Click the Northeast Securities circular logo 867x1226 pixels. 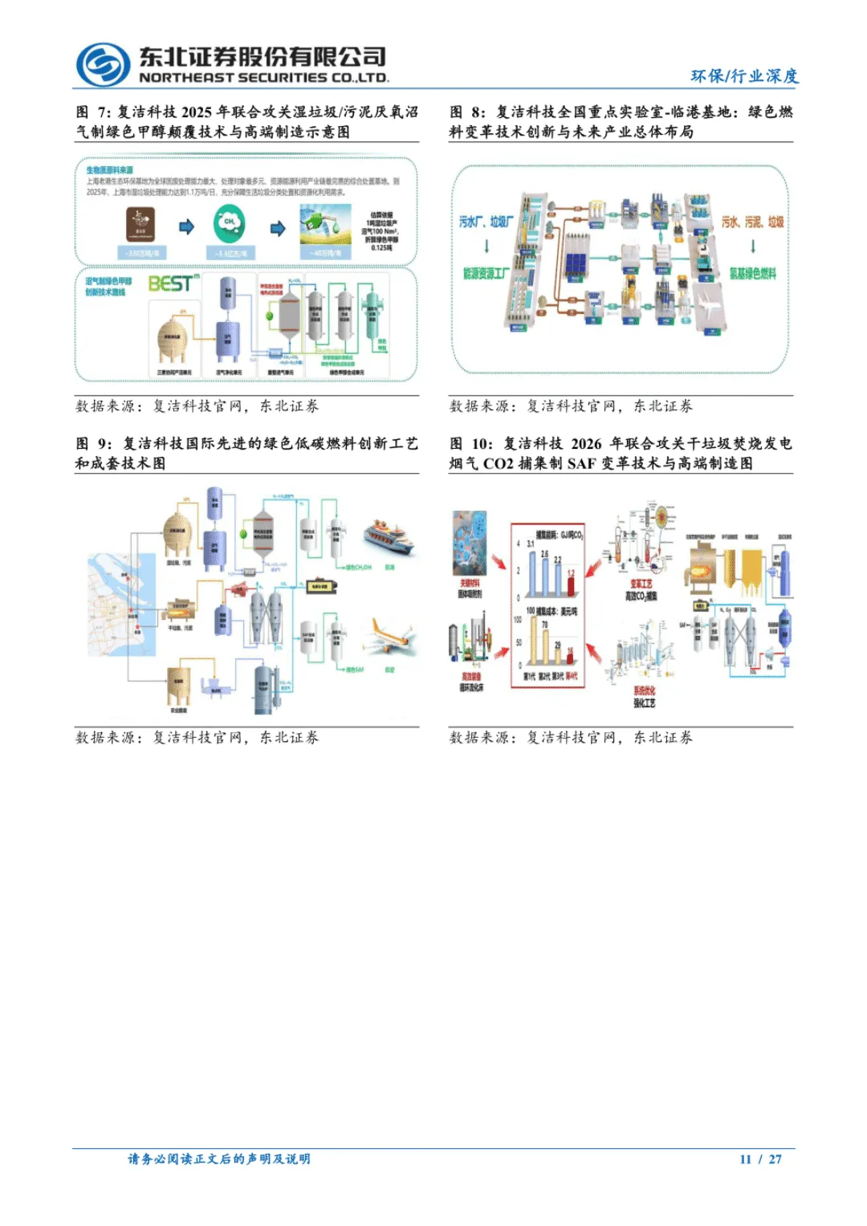point(103,64)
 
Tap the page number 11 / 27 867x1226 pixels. point(760,1159)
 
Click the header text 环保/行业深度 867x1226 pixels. point(744,75)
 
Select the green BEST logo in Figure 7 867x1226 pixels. point(173,283)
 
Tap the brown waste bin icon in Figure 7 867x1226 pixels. point(140,225)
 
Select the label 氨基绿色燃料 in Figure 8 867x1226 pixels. point(752,274)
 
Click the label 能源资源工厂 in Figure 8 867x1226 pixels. point(486,274)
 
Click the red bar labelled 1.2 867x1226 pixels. point(571,583)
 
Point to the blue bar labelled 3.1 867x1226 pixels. point(531,572)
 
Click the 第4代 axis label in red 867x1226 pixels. point(571,676)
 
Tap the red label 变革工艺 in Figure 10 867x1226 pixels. point(641,584)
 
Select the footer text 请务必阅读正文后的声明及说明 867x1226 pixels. point(219,1159)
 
